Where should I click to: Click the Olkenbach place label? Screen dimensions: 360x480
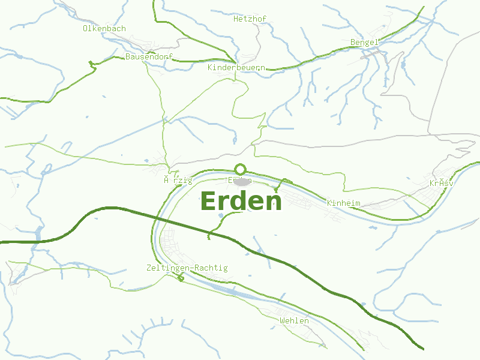[x=104, y=28]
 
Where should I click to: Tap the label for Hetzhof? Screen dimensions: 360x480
[x=250, y=19]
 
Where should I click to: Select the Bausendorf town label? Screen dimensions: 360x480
[x=149, y=56]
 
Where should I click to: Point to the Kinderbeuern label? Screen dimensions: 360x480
[x=236, y=68]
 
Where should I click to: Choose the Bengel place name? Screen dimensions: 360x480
[x=364, y=42]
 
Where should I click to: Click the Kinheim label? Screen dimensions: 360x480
[x=344, y=203]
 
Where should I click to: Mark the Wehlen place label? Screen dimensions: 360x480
[x=294, y=320]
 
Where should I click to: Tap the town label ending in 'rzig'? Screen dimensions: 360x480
[x=178, y=180]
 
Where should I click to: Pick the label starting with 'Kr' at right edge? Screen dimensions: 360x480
[x=441, y=183]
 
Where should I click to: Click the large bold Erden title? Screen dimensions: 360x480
[x=241, y=201]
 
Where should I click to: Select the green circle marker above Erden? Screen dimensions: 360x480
[x=241, y=169]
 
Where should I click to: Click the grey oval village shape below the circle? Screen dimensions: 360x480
[x=242, y=181]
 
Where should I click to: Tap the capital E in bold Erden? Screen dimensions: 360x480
[x=209, y=201]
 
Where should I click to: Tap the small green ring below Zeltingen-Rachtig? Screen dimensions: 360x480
[x=181, y=278]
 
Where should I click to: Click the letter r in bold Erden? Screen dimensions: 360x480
[x=223, y=202]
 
